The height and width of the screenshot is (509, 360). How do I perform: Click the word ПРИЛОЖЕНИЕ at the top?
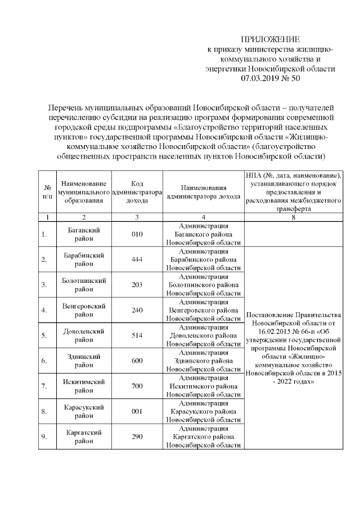(271, 39)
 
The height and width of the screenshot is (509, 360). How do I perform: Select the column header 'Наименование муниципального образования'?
(83, 192)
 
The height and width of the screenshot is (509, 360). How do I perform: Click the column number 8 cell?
(294, 217)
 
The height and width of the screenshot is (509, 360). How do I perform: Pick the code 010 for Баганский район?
(137, 235)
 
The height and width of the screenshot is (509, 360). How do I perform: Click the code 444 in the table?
(137, 259)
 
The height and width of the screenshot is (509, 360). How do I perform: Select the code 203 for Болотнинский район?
(137, 285)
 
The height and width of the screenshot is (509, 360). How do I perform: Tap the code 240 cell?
(137, 310)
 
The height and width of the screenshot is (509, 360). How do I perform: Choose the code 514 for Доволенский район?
(137, 335)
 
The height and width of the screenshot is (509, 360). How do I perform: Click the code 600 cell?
(137, 361)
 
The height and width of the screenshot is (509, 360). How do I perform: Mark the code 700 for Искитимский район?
(137, 386)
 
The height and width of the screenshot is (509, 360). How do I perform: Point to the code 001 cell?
(137, 411)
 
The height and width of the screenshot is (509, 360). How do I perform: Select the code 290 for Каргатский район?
(137, 436)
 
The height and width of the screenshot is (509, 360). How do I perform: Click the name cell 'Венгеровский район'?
(83, 310)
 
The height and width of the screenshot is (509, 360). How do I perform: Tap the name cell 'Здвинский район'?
(83, 361)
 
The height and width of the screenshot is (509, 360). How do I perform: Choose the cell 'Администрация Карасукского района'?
(204, 411)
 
